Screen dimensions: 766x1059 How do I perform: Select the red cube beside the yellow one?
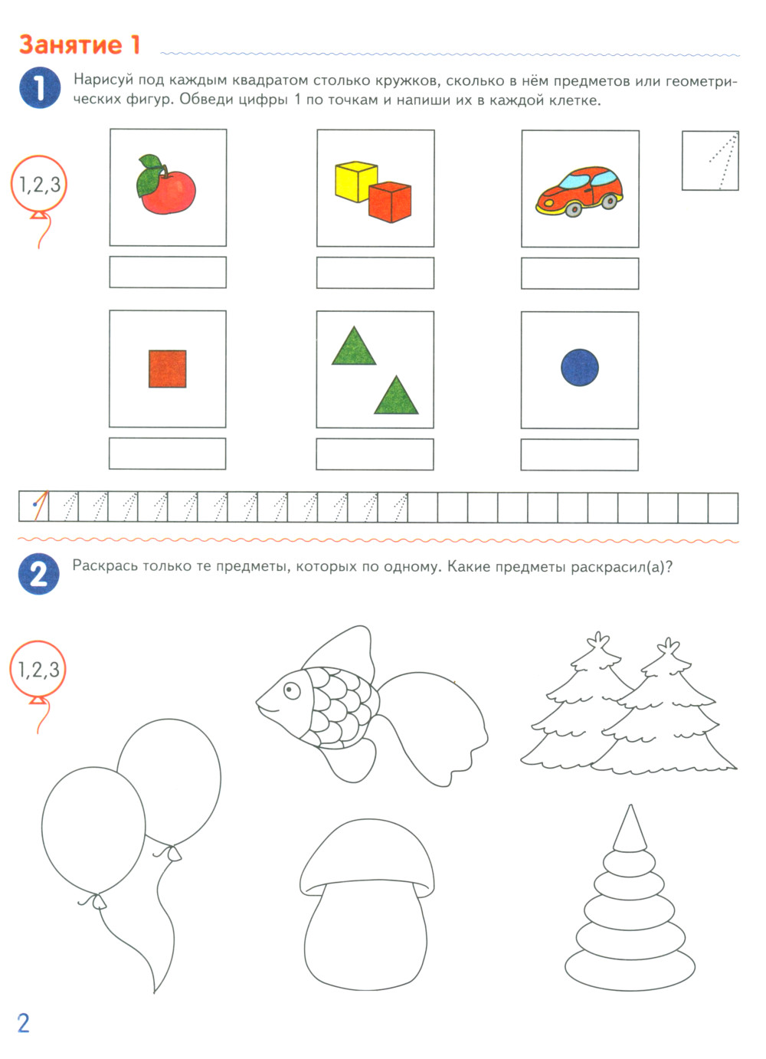[x=390, y=202]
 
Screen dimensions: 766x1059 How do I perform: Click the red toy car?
[x=579, y=192]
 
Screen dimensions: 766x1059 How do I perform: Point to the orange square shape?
[x=167, y=369]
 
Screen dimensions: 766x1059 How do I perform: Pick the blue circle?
[x=580, y=367]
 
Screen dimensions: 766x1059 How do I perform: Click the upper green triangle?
[x=353, y=348]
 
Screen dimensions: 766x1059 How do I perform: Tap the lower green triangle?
[x=396, y=397]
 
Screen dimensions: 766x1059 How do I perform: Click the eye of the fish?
[x=292, y=690]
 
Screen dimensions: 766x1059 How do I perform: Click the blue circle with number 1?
[x=40, y=87]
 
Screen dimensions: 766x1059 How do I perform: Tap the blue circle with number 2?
[x=39, y=573]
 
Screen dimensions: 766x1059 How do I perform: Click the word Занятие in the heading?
[x=70, y=45]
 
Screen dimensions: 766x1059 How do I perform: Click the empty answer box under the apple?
[x=168, y=272]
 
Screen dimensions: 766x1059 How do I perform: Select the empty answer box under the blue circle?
[x=579, y=454]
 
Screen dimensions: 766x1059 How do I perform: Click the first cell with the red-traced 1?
[x=34, y=507]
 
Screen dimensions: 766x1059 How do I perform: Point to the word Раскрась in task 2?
[x=104, y=566]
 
